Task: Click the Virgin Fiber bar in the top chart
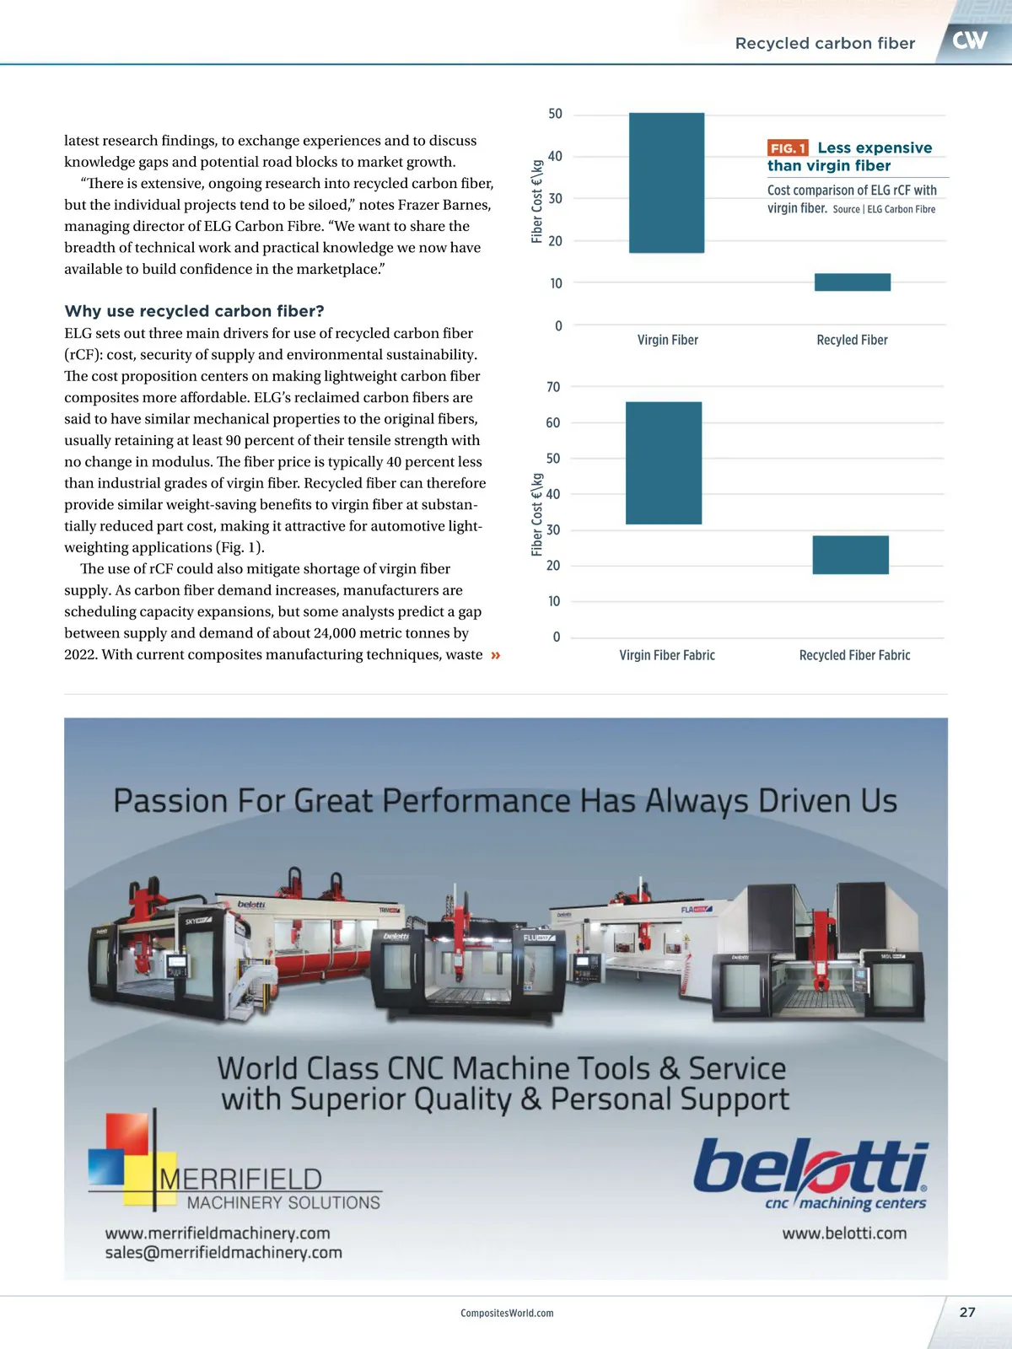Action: click(666, 183)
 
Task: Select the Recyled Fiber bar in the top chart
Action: click(852, 282)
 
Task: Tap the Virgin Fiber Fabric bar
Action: click(664, 463)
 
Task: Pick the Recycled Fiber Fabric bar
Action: click(850, 555)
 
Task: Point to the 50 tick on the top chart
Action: click(555, 114)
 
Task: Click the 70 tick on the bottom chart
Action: click(553, 387)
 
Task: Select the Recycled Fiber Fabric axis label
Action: click(854, 655)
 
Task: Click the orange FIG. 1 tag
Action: click(788, 148)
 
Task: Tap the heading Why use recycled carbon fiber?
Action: click(194, 311)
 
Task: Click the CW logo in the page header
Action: click(970, 40)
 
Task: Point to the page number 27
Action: click(967, 1312)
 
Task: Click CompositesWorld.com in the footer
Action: click(507, 1313)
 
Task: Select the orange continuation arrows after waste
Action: click(495, 655)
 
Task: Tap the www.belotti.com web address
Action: click(844, 1233)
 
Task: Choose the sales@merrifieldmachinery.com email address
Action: click(223, 1253)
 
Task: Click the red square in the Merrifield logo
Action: click(127, 1133)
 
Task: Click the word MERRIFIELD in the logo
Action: click(241, 1179)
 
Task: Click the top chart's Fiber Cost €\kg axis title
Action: click(537, 202)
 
